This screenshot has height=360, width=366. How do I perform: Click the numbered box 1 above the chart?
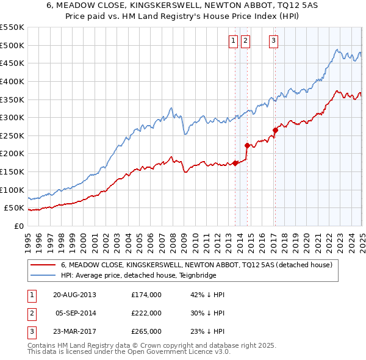(x=234, y=41)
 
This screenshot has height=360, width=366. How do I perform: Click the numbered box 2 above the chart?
(x=245, y=41)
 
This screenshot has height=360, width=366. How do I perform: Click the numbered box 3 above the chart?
(x=273, y=41)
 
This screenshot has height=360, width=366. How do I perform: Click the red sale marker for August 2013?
(x=235, y=163)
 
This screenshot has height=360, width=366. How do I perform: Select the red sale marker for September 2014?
(x=247, y=145)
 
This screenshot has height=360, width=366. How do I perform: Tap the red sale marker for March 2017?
(x=275, y=130)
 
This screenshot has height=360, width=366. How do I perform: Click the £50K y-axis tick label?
(x=15, y=208)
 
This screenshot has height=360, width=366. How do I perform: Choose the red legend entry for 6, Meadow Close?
(x=196, y=265)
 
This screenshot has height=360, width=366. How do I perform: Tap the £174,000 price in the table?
(x=146, y=294)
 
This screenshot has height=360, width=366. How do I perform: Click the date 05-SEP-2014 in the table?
(x=76, y=313)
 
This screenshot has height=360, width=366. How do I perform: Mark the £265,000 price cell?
(x=146, y=331)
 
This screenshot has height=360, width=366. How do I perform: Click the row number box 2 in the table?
(x=30, y=313)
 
